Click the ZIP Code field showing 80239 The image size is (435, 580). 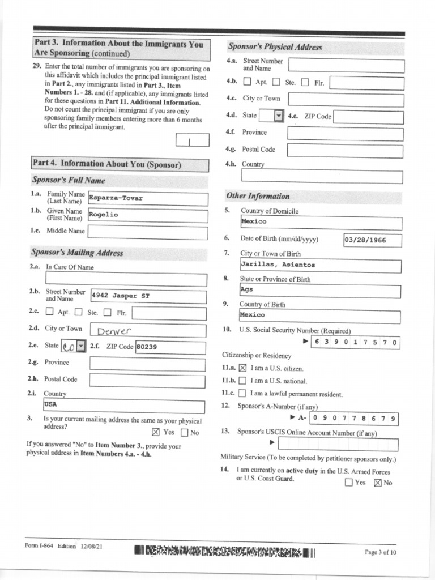[x=170, y=347]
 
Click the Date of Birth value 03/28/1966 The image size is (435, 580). [x=372, y=240]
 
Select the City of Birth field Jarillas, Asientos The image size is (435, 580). [x=320, y=265]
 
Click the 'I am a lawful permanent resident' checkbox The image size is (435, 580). [x=242, y=394]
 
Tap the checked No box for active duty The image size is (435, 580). [x=378, y=483]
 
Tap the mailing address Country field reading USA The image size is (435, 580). [x=124, y=406]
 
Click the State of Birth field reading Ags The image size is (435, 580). [x=320, y=291]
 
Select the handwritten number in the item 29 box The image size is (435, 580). [x=192, y=140]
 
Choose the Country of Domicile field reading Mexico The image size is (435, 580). [x=320, y=222]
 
